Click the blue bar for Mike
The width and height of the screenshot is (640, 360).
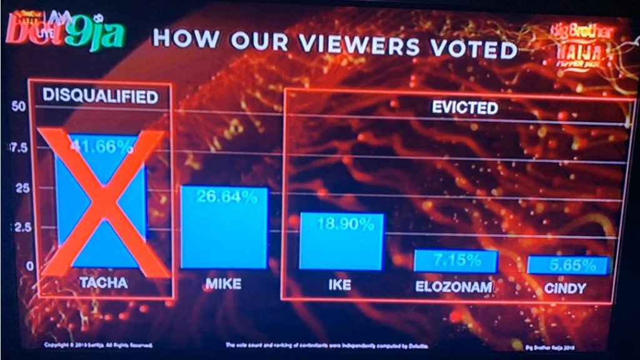[224, 227]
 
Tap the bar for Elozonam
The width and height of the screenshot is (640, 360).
[456, 261]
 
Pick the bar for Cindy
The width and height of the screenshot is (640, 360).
[568, 265]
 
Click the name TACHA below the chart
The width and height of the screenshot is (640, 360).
[103, 282]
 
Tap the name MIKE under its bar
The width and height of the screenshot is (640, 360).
[223, 284]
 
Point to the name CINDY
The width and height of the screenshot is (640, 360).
[566, 288]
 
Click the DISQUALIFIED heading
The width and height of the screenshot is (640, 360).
[99, 96]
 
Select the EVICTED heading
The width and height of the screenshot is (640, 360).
[465, 107]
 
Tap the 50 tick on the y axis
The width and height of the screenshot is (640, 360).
[18, 106]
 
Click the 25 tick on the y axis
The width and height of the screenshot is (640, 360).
[21, 188]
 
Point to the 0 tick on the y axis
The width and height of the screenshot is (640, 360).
[23, 266]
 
